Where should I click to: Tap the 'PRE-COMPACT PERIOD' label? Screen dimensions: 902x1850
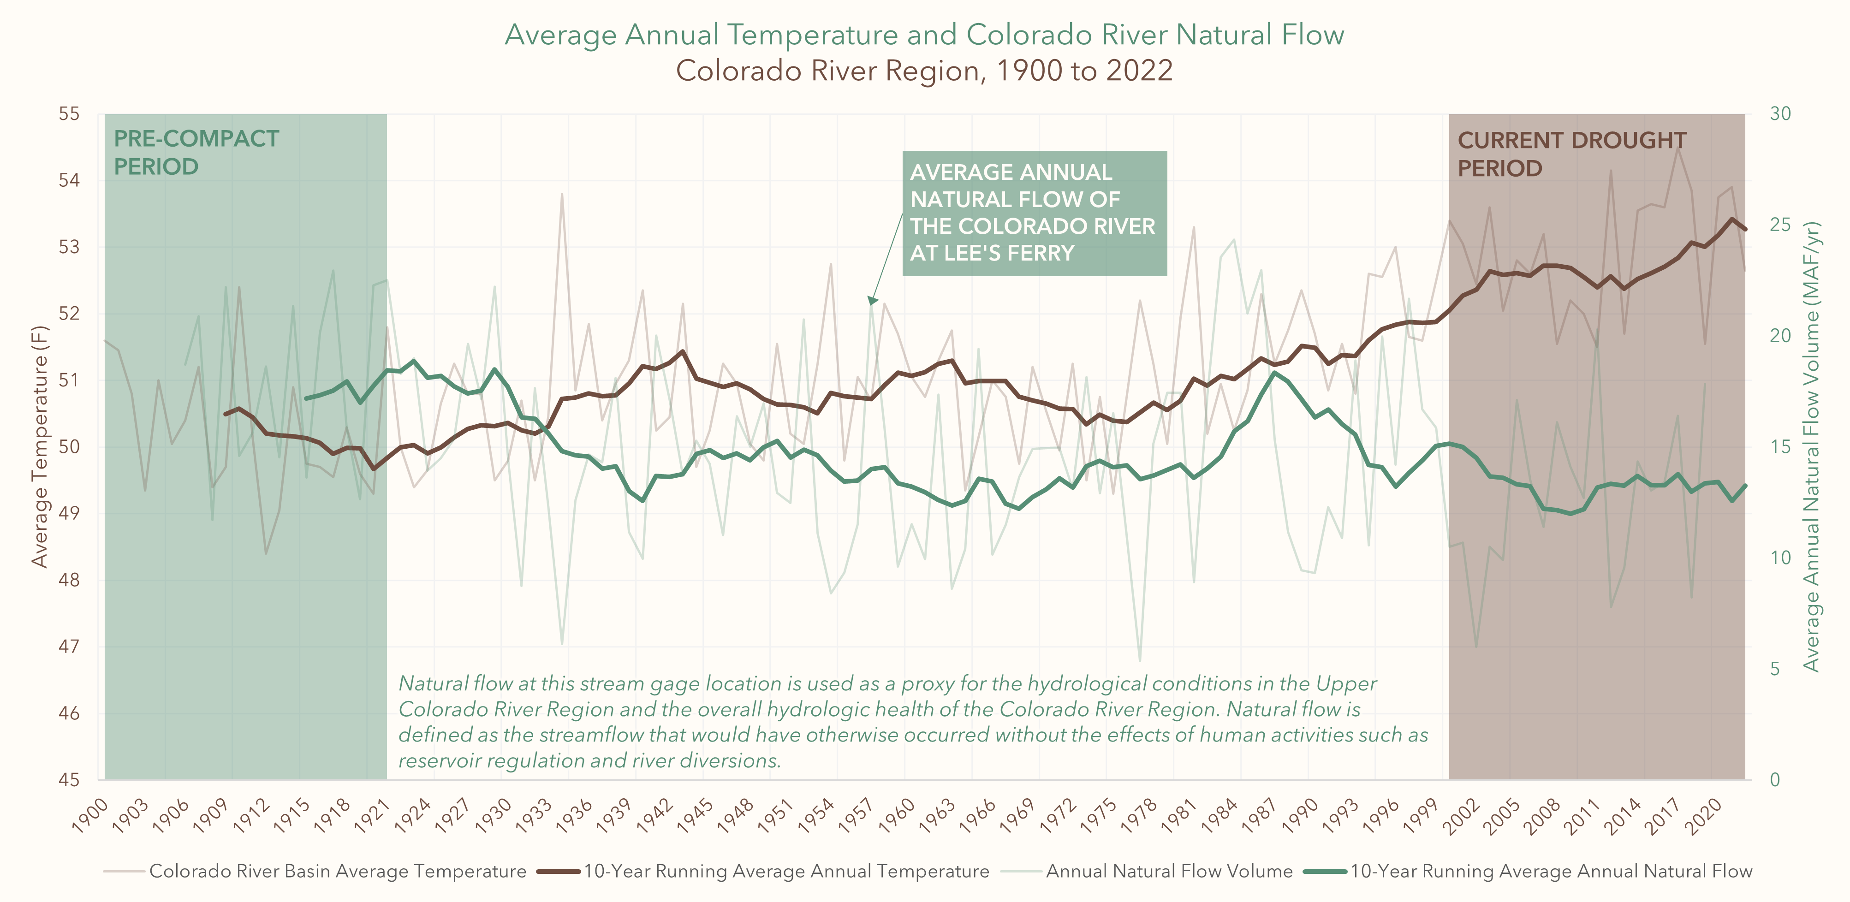click(x=196, y=152)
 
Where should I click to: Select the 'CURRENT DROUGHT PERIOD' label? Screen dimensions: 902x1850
click(x=1571, y=154)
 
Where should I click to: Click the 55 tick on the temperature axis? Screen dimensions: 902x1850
click(x=69, y=113)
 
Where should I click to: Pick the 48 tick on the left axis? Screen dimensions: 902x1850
click(x=69, y=580)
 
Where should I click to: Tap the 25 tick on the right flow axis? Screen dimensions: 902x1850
click(x=1780, y=225)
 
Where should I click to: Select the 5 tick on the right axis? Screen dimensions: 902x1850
click(x=1775, y=669)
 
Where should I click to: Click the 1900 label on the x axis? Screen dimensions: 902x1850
click(x=91, y=815)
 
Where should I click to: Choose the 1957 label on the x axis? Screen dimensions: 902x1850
click(x=857, y=815)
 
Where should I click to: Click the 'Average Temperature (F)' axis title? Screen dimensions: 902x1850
click(x=40, y=446)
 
